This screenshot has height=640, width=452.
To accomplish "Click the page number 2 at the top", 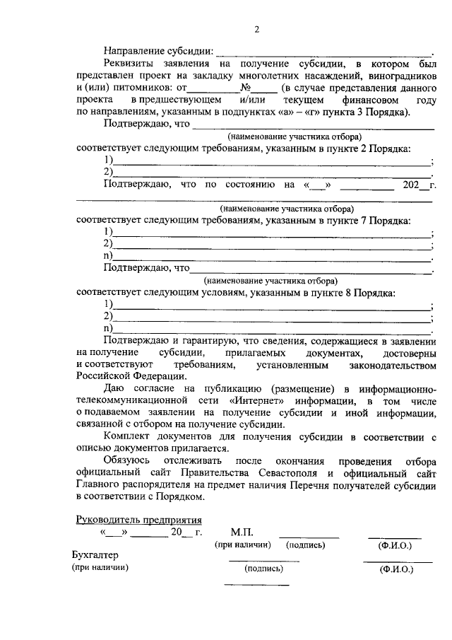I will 257,30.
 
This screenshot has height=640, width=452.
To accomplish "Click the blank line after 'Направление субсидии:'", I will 324,53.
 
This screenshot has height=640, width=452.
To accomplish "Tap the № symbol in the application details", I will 246,88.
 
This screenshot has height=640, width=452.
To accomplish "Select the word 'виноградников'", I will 402,76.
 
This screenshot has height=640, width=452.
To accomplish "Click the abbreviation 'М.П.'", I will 241,532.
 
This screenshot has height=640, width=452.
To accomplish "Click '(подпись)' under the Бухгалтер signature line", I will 263,568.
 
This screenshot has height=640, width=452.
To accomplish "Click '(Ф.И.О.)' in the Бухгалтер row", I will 398,568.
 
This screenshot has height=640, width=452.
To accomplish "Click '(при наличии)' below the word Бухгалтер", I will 100,567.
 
